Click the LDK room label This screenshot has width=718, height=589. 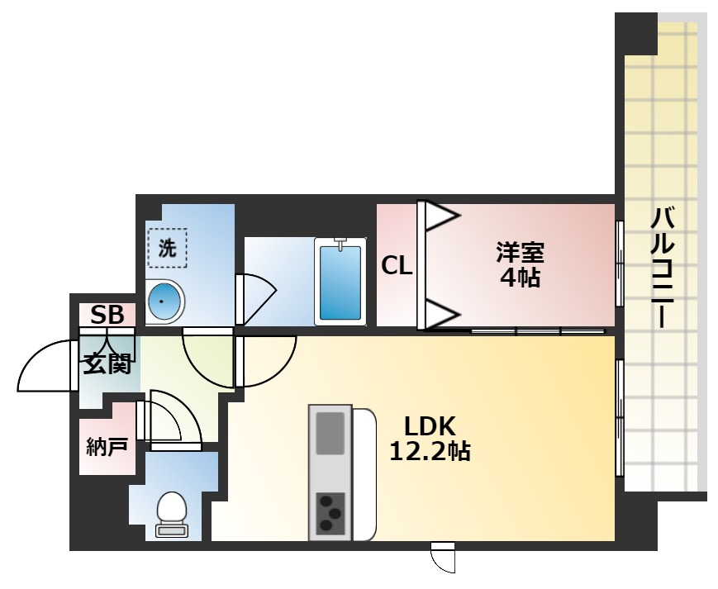pos(430,426)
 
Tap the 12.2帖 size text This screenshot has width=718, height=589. pos(430,451)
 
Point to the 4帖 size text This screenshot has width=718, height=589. pos(520,278)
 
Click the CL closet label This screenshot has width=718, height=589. pos(397,266)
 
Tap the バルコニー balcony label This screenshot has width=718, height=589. pos(663,268)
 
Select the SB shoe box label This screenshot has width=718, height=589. pos(107,315)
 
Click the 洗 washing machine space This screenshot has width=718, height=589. pos(168,248)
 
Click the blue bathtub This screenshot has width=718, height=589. pos(340,281)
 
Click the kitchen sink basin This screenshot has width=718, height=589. pos(330,432)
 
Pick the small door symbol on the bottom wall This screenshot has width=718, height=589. pos(444,557)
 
